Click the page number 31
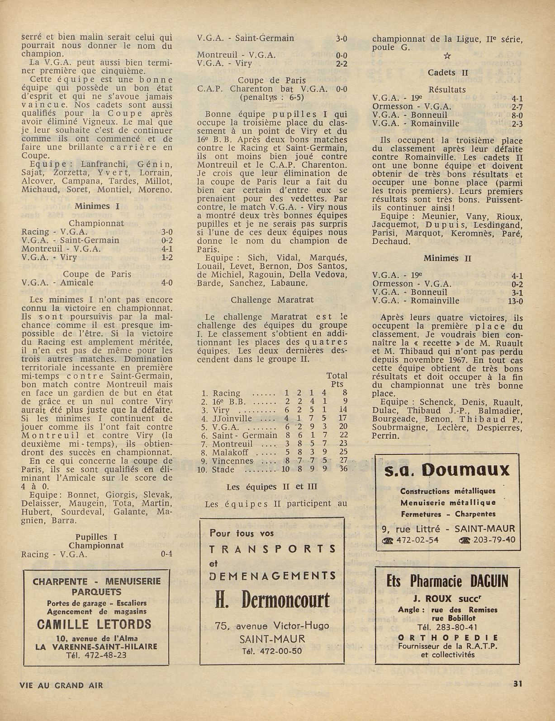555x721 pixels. [x=518, y=684]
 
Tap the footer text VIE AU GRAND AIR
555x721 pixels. [x=62, y=685]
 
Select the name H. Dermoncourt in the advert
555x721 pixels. [x=272, y=600]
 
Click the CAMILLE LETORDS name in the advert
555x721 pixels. [x=94, y=624]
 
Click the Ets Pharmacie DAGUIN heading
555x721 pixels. [x=447, y=581]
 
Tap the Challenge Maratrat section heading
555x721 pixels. [x=272, y=300]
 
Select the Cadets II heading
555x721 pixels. [x=448, y=73]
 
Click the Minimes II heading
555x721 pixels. [x=447, y=258]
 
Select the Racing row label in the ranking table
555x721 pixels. [x=227, y=393]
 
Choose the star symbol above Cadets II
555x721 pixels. [x=447, y=56]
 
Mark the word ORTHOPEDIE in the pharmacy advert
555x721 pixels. [x=447, y=637]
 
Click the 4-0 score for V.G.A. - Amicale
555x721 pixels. [x=166, y=283]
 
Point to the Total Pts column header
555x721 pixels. [x=337, y=379]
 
